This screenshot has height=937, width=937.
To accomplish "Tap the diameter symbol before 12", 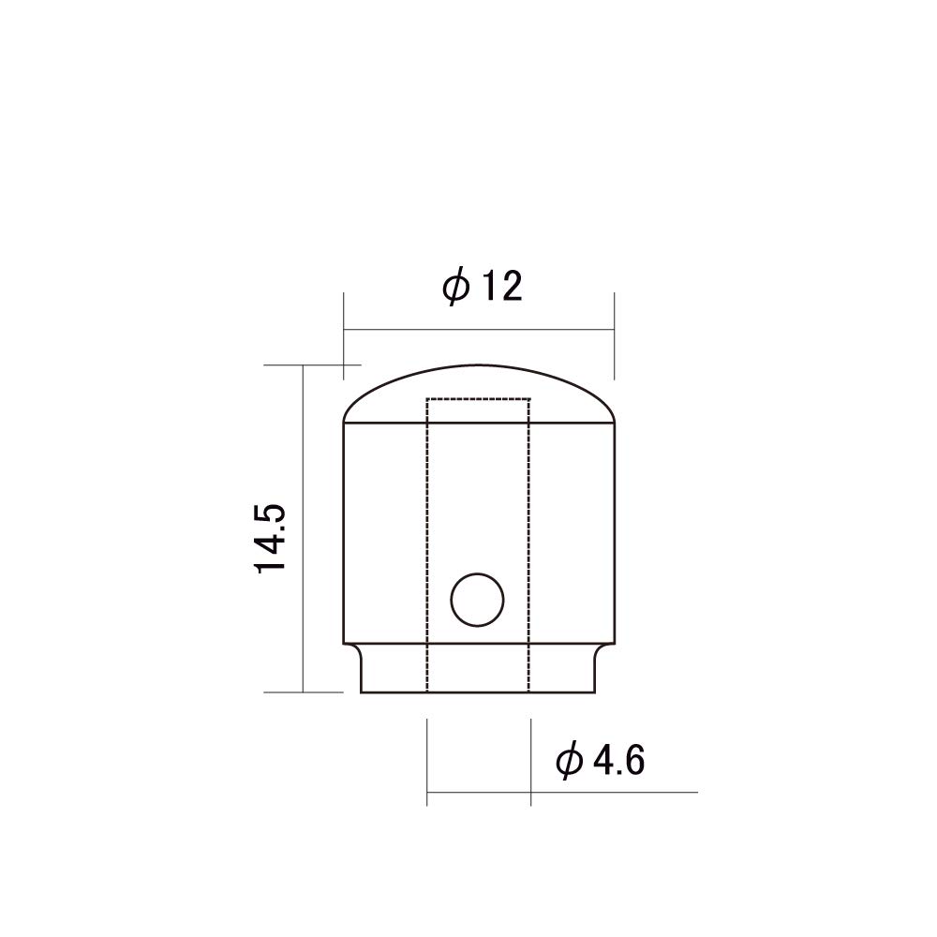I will (455, 287).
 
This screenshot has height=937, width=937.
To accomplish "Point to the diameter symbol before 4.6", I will (569, 762).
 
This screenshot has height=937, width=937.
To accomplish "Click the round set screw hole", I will (477, 601).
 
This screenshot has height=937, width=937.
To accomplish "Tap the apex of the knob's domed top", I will (478, 364).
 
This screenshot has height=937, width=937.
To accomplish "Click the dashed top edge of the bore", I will (478, 399).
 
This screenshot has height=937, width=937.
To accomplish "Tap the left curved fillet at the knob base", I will (355, 650).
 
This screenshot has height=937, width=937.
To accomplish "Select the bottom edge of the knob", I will (478, 692).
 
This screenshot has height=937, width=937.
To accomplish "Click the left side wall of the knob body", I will (343, 534).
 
